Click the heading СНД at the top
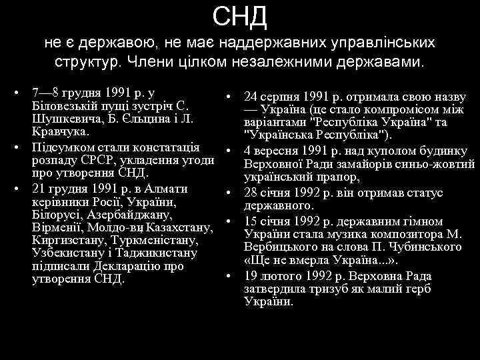(240, 16)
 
